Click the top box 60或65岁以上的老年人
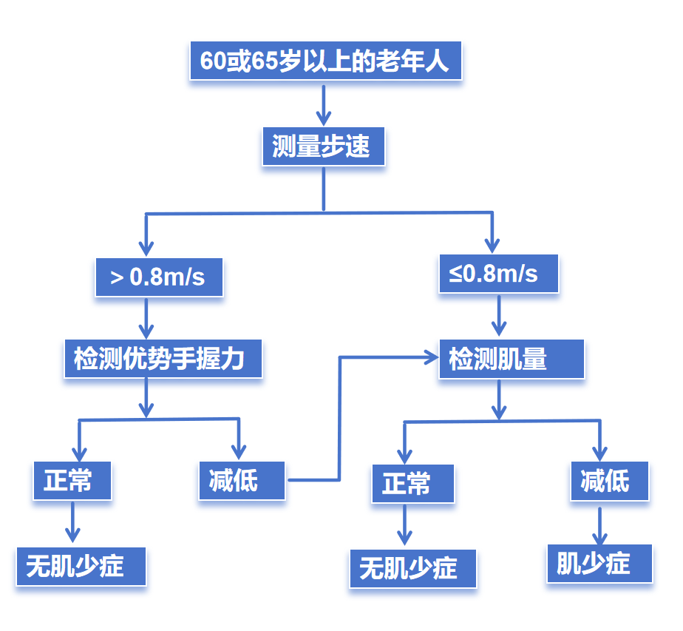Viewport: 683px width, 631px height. [325, 61]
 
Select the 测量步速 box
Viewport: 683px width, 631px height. [324, 146]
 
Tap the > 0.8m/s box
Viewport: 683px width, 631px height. [159, 277]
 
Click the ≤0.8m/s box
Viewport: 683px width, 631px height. [497, 274]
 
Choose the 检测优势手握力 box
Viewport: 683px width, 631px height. [163, 359]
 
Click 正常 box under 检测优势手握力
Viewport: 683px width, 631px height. [72, 481]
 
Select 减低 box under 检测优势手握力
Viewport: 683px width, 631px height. [241, 481]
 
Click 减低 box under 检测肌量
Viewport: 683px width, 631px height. [609, 481]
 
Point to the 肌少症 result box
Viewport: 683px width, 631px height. [599, 564]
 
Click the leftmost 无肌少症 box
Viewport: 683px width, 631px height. [81, 567]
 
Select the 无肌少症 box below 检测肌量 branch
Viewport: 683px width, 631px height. [412, 568]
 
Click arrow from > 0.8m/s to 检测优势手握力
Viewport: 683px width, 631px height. [146, 318]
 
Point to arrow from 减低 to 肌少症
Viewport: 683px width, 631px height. [599, 525]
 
